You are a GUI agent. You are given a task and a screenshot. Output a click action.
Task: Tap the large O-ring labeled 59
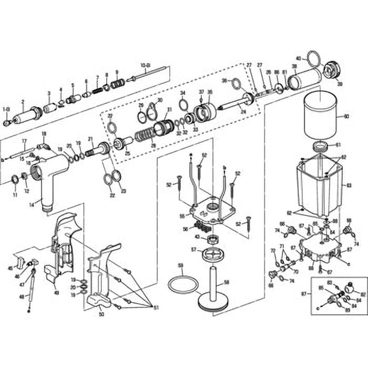click(183, 285)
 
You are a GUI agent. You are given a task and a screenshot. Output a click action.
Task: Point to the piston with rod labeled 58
click(213, 290)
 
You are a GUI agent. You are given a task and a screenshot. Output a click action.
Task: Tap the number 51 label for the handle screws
click(154, 308)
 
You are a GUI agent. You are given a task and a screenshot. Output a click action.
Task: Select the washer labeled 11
click(14, 178)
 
